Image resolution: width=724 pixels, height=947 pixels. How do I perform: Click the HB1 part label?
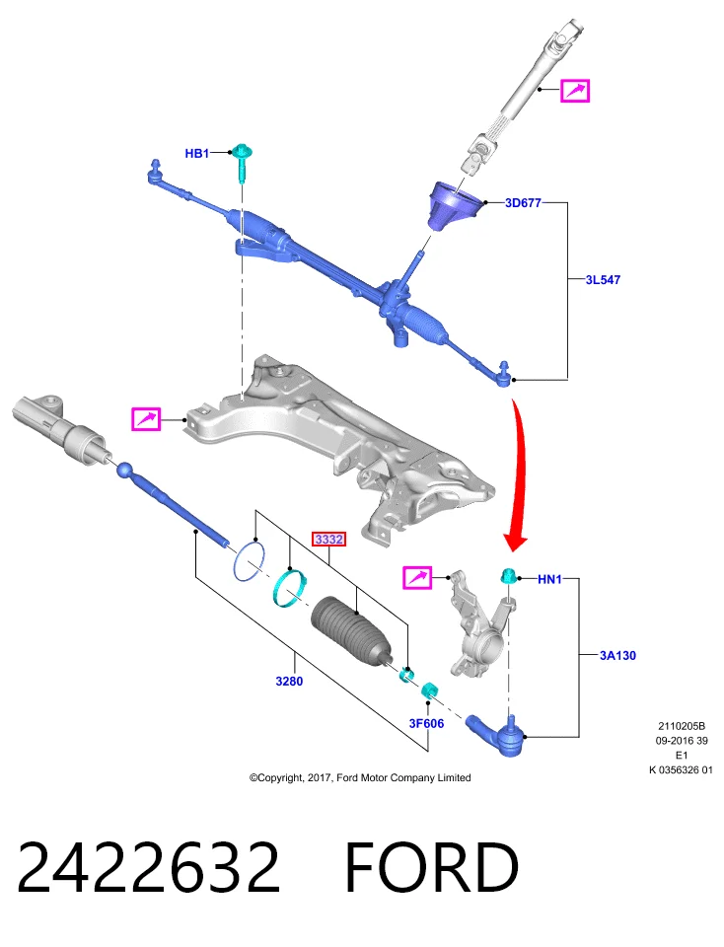pos(197,154)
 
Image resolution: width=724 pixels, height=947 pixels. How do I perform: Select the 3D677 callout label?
pos(523,203)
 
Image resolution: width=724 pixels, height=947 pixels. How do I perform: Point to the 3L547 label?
pos(603,279)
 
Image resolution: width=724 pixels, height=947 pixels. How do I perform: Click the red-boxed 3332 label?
pos(329,539)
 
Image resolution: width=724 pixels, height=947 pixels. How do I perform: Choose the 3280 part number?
pos(289,682)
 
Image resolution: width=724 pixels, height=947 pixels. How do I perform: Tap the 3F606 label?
pos(426,723)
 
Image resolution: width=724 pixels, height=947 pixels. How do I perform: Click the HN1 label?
pos(549,579)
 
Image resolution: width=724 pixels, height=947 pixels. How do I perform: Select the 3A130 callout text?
pos(617,655)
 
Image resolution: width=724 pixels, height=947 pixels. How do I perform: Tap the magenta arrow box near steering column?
pos(575,91)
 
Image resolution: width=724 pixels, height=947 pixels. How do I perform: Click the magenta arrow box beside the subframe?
pos(146,419)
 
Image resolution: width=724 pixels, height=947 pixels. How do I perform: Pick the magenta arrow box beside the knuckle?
pos(417,578)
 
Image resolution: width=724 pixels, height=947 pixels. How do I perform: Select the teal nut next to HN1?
pos(506,575)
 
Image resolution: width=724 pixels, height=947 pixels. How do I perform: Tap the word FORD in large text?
pos(432,867)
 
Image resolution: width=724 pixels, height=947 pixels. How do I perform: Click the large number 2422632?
pos(149,867)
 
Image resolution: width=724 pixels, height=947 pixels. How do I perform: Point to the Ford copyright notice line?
pos(360,778)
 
